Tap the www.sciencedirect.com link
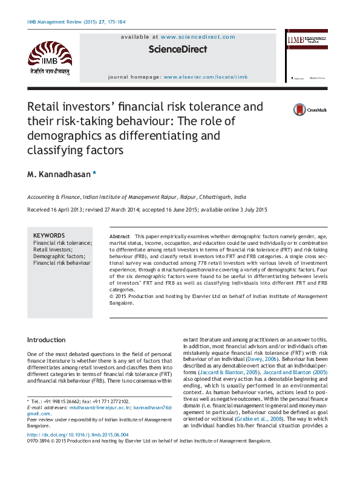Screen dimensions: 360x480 point(198,37)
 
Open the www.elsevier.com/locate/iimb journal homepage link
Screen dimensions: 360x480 point(205,77)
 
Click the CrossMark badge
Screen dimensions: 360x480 point(309,110)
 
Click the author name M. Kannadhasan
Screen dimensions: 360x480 point(59,175)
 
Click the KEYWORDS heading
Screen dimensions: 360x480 point(48,236)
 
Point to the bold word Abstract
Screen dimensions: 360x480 point(119,236)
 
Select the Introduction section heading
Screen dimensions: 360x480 point(47,340)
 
